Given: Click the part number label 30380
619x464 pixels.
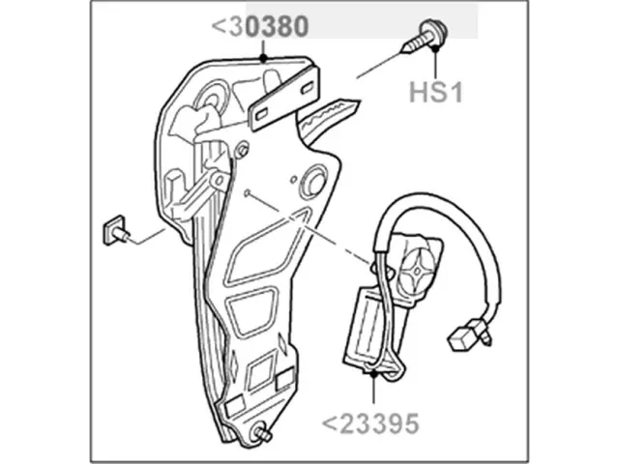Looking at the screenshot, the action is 260,26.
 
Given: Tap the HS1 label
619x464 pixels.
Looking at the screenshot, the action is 436,93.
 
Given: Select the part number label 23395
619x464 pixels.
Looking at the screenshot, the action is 370,423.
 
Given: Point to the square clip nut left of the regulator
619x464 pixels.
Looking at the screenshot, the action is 115,230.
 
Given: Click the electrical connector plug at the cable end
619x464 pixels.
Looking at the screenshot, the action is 469,334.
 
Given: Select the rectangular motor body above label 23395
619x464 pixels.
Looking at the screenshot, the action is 366,329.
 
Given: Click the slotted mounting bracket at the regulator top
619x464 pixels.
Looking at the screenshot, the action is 284,99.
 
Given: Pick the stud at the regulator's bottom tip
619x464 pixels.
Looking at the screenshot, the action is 263,433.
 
